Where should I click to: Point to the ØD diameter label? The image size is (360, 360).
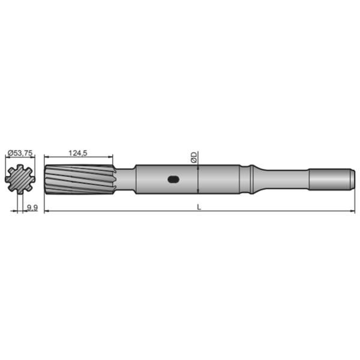point(193,157)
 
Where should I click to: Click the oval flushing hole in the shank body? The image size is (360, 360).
point(173,179)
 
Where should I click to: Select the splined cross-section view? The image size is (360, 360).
point(20,179)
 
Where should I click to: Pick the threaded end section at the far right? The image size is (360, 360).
point(329,179)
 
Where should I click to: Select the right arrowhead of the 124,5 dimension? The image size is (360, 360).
point(111,159)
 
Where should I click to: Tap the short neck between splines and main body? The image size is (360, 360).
point(124,179)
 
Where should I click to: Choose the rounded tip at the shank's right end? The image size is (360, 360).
point(350,179)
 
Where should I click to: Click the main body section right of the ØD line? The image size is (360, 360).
point(219,179)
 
